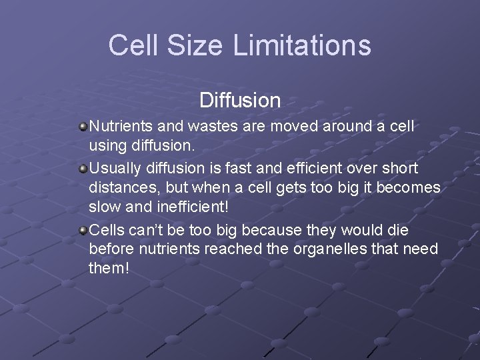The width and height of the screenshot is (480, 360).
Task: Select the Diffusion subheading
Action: coord(240,101)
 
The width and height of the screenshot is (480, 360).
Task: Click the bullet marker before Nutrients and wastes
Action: coord(82,125)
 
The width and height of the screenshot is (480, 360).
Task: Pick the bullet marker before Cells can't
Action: coord(82,231)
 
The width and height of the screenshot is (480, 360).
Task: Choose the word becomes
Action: coord(409,189)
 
